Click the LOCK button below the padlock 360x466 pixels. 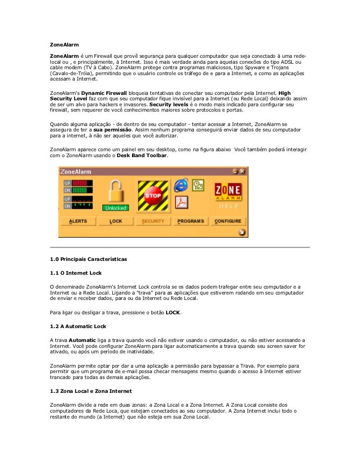click(115, 221)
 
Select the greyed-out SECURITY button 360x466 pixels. click(153, 221)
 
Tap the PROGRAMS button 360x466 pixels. click(190, 221)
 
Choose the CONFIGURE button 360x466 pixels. click(228, 221)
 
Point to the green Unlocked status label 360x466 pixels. click(115, 208)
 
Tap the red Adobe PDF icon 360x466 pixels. click(182, 202)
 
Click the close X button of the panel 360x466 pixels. click(242, 171)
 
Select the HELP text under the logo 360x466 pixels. click(228, 206)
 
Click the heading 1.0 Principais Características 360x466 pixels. click(89, 259)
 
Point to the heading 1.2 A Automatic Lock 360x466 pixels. click(78, 326)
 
